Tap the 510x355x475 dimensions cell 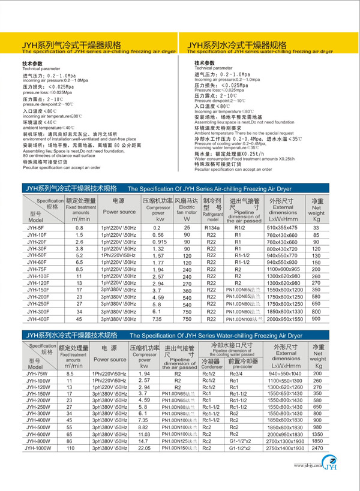pos(286,228)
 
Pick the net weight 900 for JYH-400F pos(316,320)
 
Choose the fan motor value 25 pos(187,228)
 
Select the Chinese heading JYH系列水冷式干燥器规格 pos(236,45)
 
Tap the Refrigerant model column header pos(212,209)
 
